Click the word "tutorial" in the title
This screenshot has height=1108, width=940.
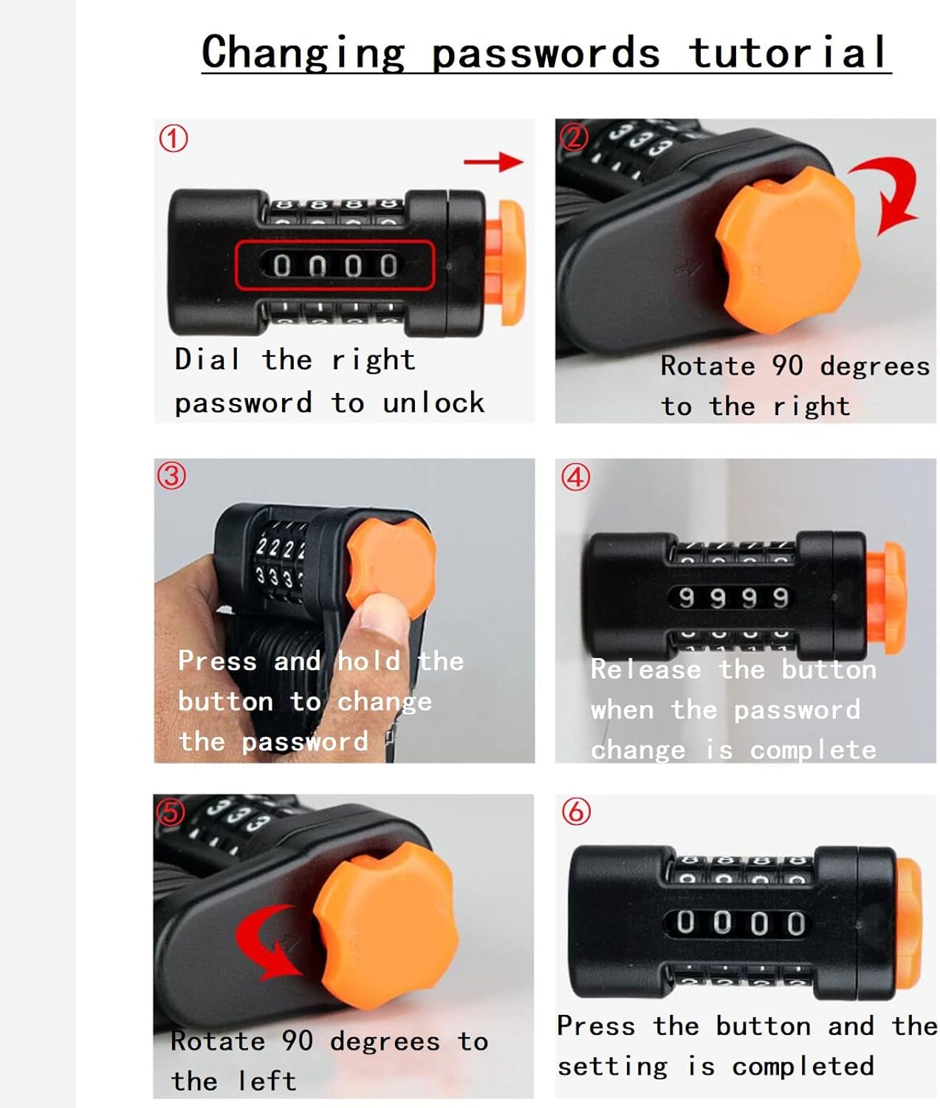pos(787,52)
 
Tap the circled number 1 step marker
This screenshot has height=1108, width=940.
pos(173,139)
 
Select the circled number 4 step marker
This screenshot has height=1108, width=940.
pos(575,476)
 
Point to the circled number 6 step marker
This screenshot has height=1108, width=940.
pos(576,811)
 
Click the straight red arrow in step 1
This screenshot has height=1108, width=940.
pos(493,161)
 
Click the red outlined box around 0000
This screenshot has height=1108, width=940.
pos(335,265)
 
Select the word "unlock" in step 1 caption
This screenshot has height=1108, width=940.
pos(433,403)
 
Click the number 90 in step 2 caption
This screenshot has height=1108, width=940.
pos(787,366)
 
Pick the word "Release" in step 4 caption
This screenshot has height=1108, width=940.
pos(646,669)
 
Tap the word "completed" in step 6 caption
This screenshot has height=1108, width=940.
pos(803,1066)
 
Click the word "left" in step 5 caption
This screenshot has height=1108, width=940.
pos(267,1081)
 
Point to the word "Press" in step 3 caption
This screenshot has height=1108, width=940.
pos(218,660)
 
